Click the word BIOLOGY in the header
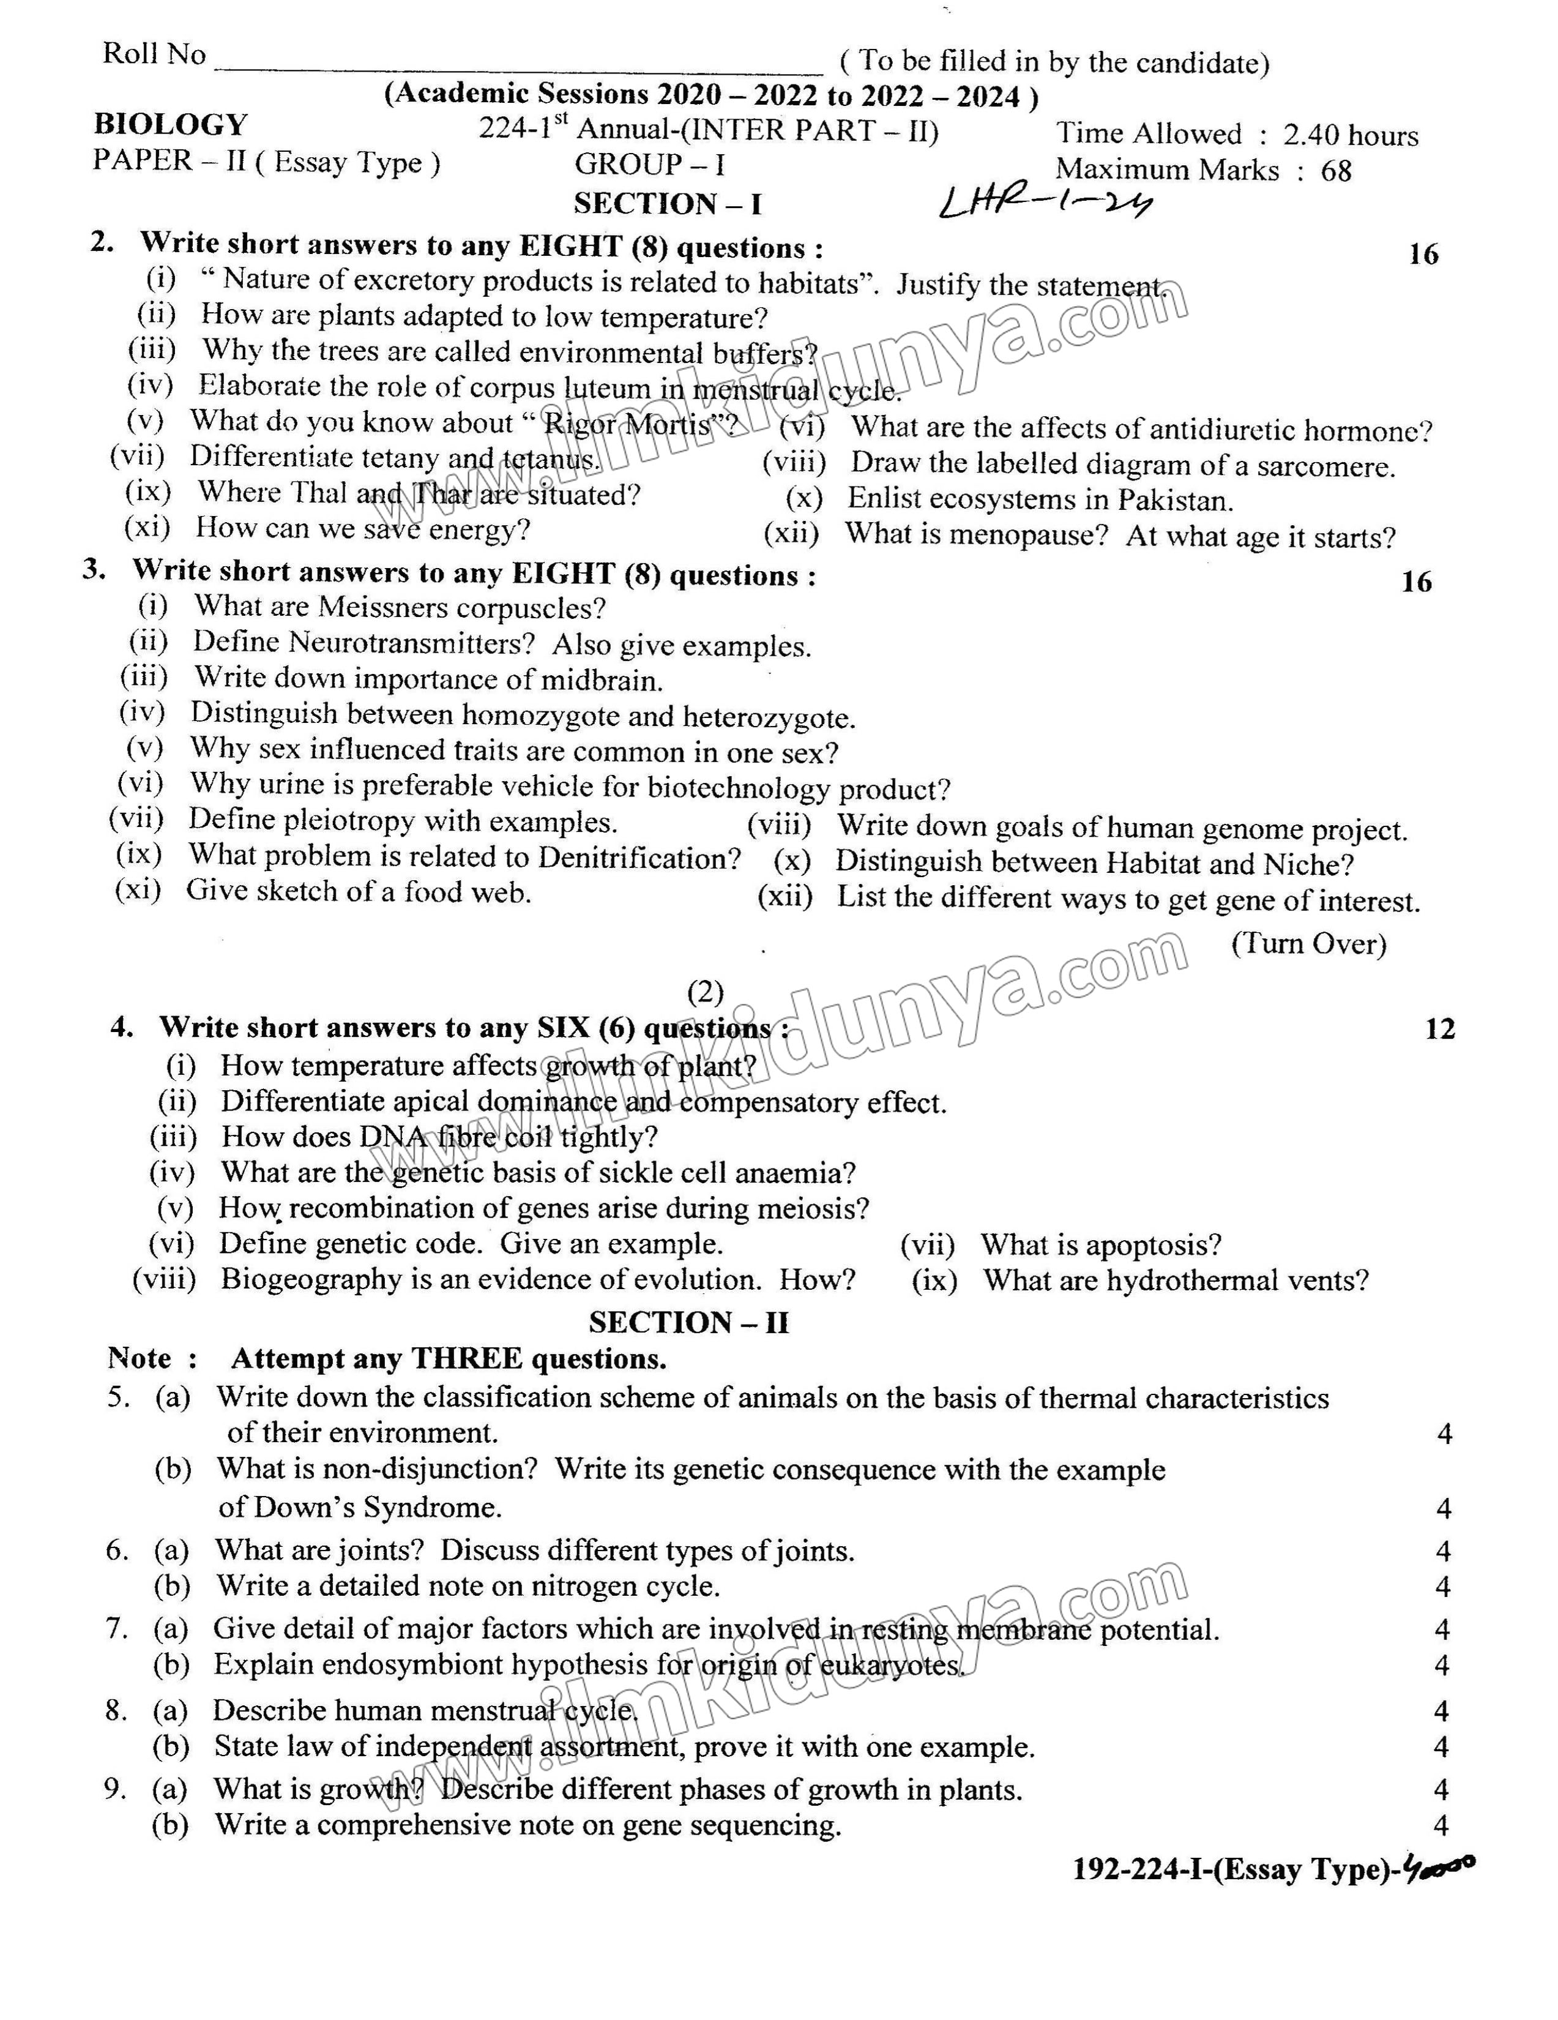coord(171,125)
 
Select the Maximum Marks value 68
coord(1336,171)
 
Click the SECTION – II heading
coord(689,1323)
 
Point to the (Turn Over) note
coord(1308,943)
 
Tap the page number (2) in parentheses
coord(706,992)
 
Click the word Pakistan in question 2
coord(1174,500)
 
